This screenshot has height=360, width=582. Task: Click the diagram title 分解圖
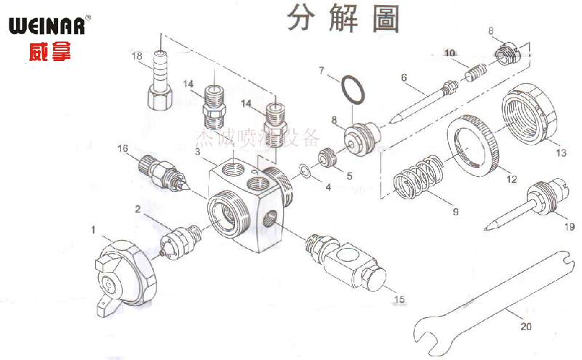(343, 18)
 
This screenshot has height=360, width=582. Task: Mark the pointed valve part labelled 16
(163, 175)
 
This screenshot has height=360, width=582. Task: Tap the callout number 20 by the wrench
(525, 327)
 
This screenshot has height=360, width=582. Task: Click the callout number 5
(349, 175)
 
